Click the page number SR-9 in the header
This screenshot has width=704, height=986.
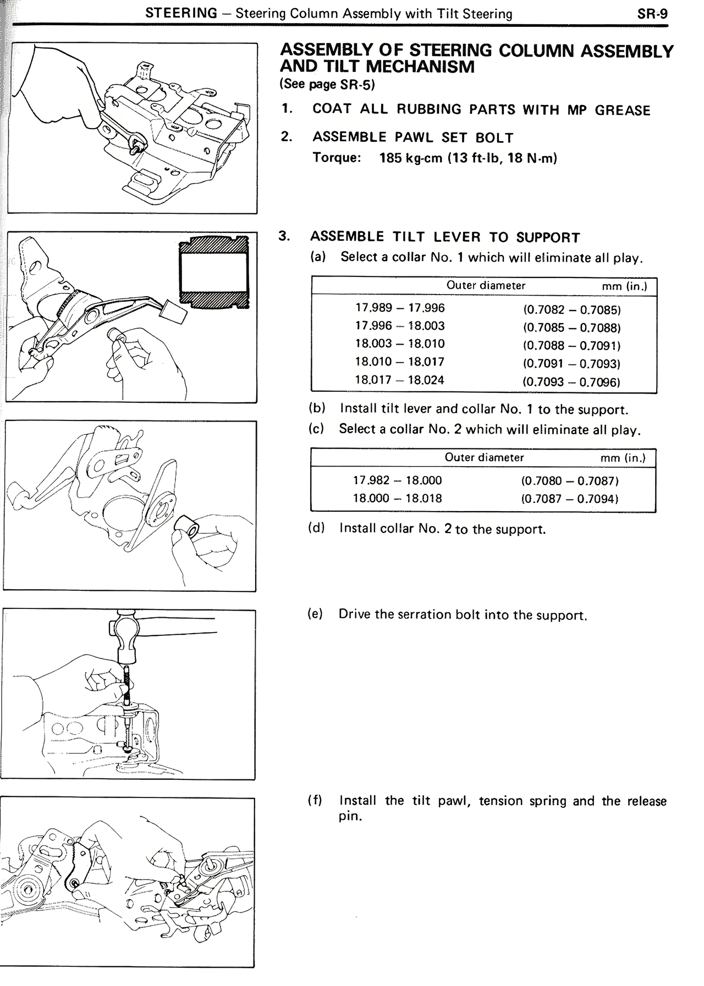652,14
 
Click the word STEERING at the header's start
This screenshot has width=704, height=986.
181,13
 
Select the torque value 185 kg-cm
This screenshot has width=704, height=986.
410,158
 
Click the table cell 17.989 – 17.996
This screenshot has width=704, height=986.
400,308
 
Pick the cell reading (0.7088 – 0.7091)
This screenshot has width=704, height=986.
571,346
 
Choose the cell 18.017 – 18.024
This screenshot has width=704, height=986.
399,380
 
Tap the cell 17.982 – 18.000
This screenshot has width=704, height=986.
397,480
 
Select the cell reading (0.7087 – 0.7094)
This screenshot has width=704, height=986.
570,499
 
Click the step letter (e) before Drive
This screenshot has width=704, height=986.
315,614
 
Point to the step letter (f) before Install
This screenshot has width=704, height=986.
315,800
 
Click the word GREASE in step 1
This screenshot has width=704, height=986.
622,110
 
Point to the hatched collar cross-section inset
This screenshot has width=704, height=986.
214,273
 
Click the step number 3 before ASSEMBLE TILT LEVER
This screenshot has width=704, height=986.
284,236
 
